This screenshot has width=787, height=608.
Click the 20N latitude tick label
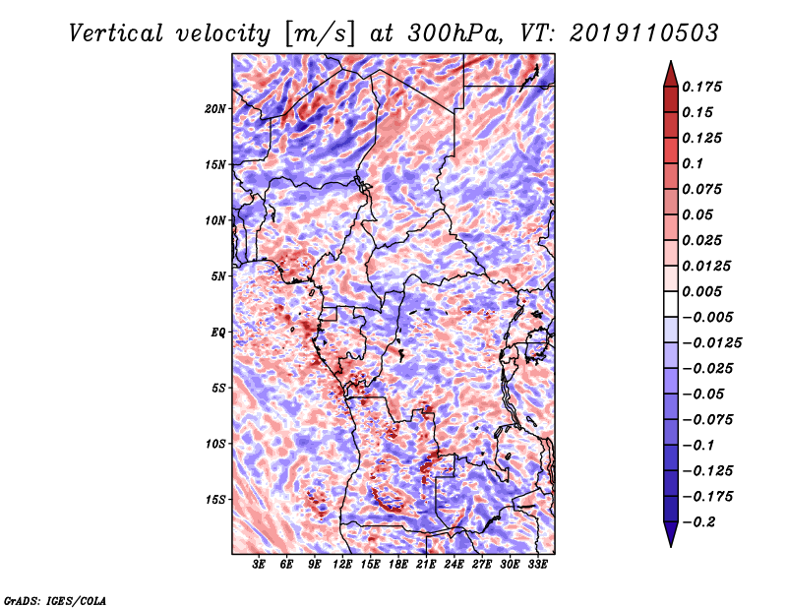point(215,109)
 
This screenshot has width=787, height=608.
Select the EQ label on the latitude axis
point(218,333)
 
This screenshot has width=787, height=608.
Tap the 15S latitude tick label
point(215,500)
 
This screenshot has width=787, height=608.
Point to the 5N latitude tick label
point(218,276)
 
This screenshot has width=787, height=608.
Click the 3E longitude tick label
point(259,565)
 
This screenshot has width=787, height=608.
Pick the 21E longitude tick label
point(426,565)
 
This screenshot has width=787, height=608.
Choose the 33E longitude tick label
point(537,565)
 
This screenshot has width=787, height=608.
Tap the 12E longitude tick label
point(342,565)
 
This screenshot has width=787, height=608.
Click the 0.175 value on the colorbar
point(701,87)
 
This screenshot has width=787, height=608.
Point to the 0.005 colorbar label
point(701,291)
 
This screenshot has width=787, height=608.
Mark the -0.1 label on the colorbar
point(697,446)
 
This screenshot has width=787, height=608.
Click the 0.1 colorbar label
point(693,163)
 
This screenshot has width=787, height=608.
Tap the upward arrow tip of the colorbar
point(671,62)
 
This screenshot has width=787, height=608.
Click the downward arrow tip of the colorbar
point(671,545)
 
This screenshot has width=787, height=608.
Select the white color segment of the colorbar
point(671,304)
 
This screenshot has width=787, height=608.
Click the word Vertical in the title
point(116,33)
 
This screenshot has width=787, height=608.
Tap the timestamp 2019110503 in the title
point(644,33)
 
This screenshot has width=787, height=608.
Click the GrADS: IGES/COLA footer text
point(55,600)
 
